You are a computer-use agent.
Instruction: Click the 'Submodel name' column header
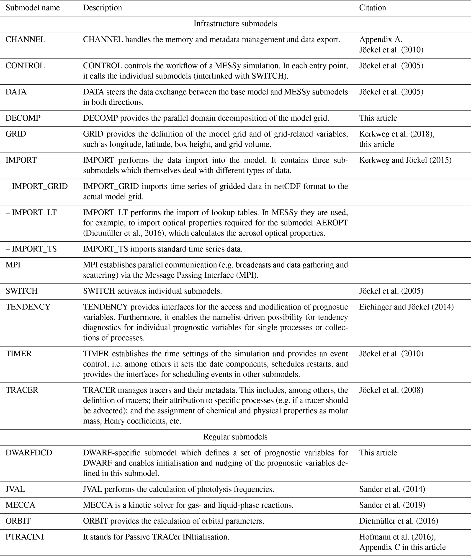(x=33, y=8)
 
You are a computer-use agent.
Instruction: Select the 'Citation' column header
(x=373, y=8)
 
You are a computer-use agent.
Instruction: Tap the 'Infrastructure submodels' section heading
(x=235, y=24)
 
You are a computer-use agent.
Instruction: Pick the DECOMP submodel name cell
(x=23, y=118)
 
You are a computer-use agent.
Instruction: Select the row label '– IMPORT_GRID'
(x=37, y=186)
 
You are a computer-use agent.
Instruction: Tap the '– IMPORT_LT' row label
(x=31, y=212)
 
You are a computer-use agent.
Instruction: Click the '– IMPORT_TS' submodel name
(x=31, y=249)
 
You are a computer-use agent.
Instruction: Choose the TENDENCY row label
(x=28, y=307)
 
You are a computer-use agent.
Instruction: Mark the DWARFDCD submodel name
(x=29, y=453)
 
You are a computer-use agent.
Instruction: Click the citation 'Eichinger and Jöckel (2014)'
(x=406, y=307)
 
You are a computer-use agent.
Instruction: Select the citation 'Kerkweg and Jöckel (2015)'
(x=405, y=160)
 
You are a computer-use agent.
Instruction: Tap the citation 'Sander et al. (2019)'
(x=392, y=505)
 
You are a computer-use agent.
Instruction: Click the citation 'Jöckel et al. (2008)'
(x=391, y=390)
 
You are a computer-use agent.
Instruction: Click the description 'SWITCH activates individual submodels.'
(x=152, y=291)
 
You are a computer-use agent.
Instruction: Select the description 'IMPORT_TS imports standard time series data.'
(x=163, y=249)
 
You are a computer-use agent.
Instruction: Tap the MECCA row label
(x=20, y=505)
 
